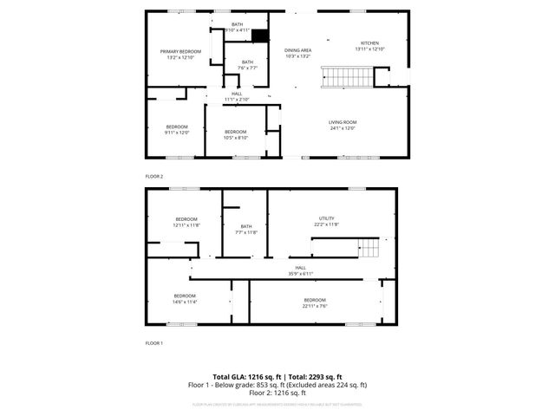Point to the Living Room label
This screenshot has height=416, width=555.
(x=343, y=125)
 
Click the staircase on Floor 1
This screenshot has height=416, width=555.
(x=370, y=248)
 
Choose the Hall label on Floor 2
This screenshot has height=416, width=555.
(x=237, y=96)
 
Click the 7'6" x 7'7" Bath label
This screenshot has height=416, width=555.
(x=247, y=64)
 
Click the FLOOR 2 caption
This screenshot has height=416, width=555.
(x=153, y=176)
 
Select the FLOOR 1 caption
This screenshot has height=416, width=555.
(x=153, y=343)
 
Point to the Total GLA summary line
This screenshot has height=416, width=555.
(x=277, y=378)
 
